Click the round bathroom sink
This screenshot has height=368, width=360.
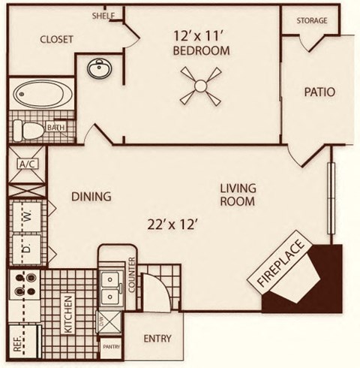(97, 71)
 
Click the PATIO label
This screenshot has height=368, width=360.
(319, 92)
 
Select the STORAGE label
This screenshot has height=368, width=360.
(311, 20)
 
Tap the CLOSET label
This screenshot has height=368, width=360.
(55, 40)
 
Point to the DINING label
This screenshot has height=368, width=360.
(91, 197)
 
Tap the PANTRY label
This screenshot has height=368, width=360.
(111, 346)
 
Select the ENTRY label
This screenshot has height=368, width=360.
(157, 339)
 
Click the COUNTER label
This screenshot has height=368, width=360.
(131, 275)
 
